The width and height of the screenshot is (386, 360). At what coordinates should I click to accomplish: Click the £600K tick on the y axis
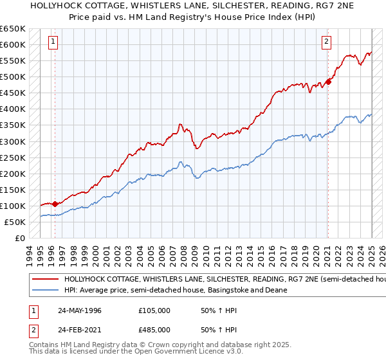(x=13, y=44)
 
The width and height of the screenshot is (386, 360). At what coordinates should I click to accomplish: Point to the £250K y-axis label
(x=13, y=157)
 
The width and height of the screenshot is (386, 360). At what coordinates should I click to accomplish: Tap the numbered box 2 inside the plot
(x=326, y=42)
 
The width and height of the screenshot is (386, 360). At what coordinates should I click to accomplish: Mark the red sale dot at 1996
(x=55, y=204)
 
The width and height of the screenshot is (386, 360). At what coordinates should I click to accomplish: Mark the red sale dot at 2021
(x=328, y=81)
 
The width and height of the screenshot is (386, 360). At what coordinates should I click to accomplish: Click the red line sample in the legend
(x=45, y=280)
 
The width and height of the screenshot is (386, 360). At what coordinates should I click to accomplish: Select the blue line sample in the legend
(x=45, y=290)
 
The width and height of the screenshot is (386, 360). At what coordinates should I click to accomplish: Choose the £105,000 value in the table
(x=154, y=310)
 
